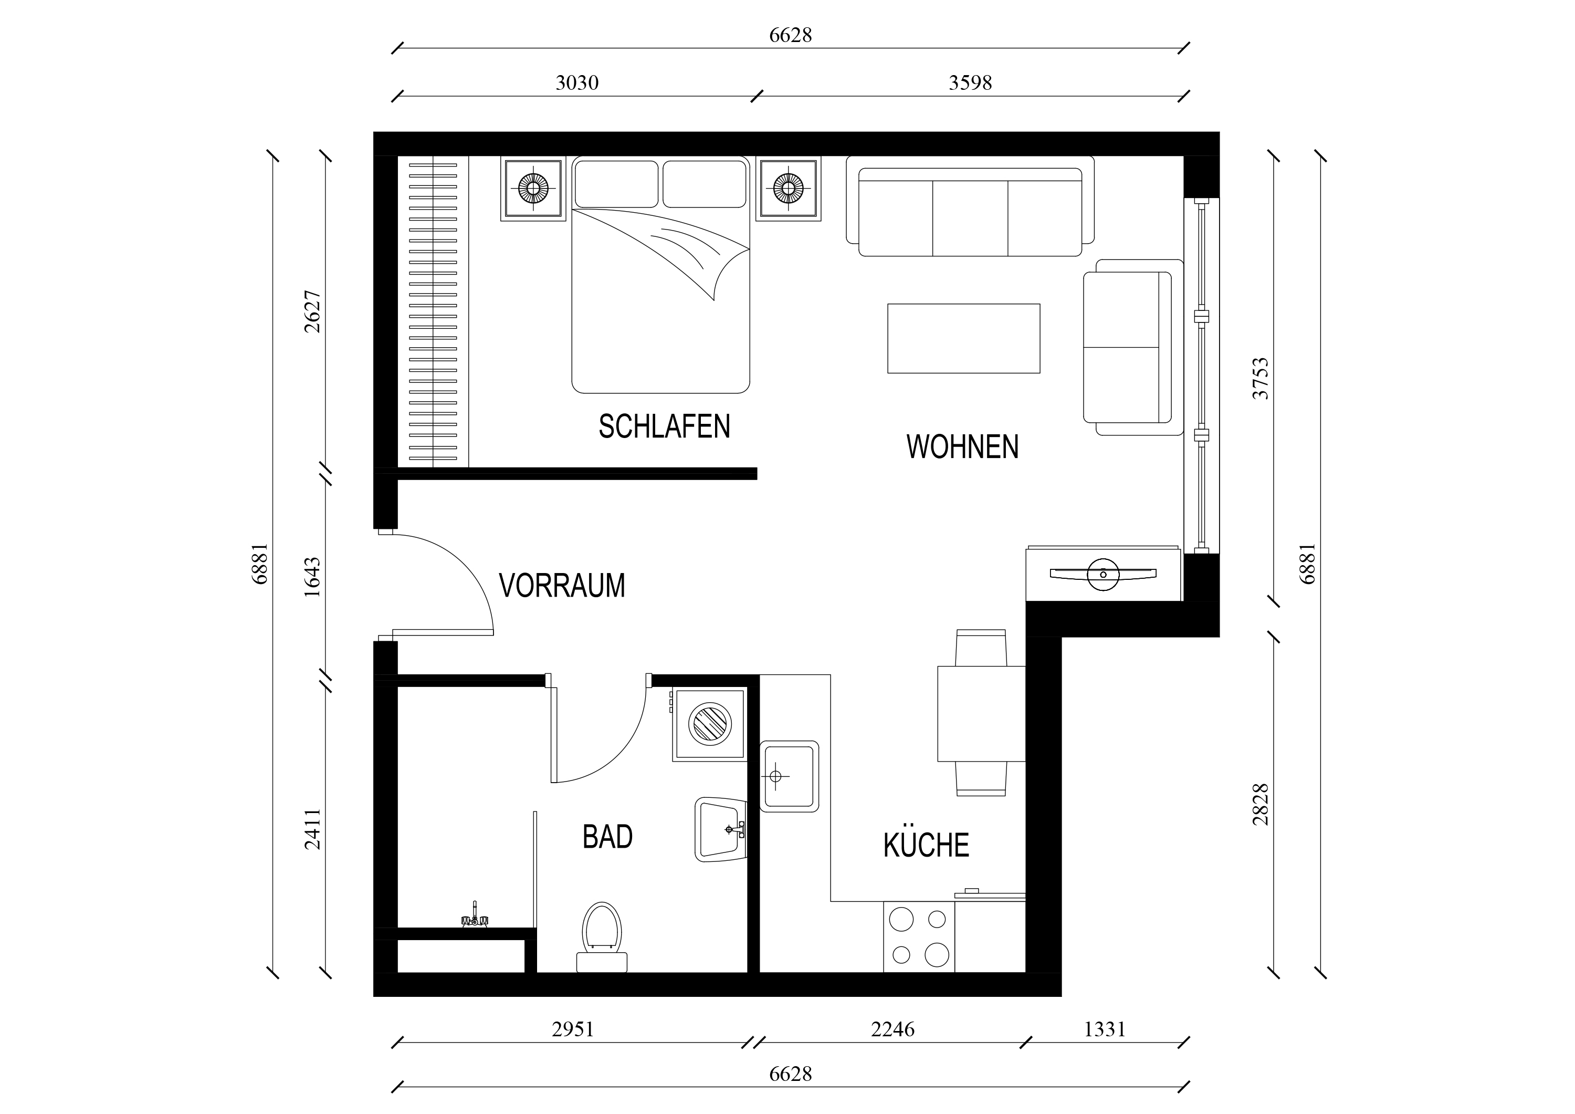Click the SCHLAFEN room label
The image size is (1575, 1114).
click(664, 426)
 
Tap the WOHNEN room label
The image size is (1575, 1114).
click(962, 447)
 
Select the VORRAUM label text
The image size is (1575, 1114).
click(562, 586)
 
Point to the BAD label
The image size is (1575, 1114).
click(607, 837)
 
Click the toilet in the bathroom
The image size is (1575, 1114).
click(602, 937)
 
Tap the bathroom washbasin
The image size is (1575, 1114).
click(720, 829)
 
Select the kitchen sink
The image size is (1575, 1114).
click(789, 776)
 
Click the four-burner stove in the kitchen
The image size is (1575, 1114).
click(919, 937)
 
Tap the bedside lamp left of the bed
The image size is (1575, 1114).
click(533, 188)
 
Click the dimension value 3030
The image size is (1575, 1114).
click(577, 83)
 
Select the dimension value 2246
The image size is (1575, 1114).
click(892, 1029)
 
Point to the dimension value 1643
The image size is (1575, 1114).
click(312, 577)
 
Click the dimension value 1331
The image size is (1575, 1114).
click(1105, 1029)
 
